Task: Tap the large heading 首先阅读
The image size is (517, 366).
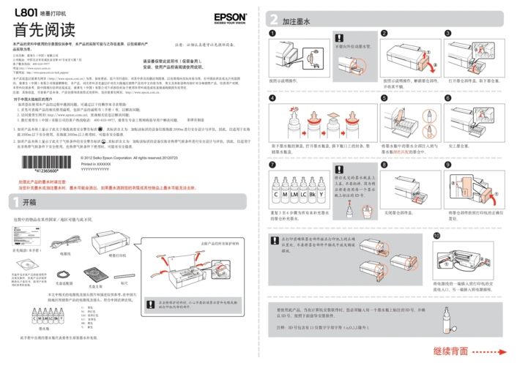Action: (44, 31)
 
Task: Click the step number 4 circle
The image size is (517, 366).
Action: (272, 97)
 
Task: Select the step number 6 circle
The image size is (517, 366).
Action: (447, 97)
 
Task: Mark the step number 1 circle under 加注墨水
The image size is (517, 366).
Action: (272, 34)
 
